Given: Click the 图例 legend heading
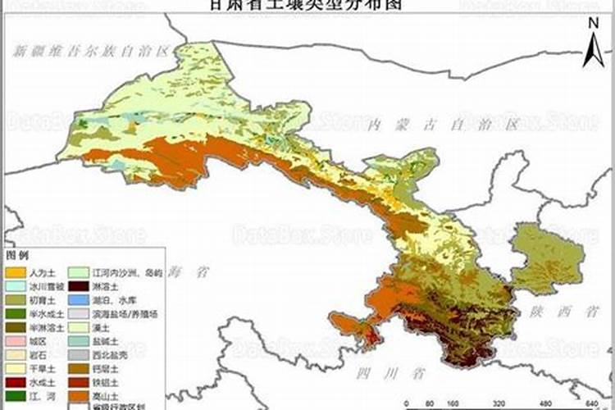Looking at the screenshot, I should [17, 256].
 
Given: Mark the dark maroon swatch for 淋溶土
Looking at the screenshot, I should [78, 286].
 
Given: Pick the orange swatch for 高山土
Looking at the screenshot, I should [78, 396].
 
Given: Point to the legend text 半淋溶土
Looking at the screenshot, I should [40, 327].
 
